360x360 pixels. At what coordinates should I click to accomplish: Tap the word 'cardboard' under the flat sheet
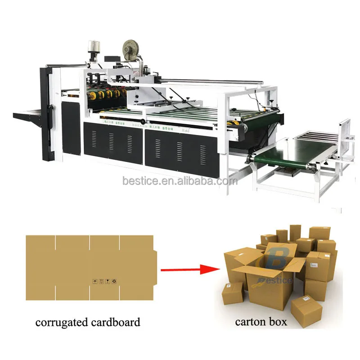(117, 322)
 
